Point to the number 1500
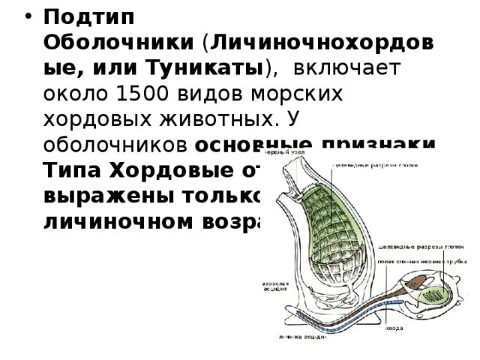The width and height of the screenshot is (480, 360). [143, 95]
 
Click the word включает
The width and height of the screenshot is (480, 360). [347, 70]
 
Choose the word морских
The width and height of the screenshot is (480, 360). [295, 95]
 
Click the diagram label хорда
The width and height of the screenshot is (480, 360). [394, 328]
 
